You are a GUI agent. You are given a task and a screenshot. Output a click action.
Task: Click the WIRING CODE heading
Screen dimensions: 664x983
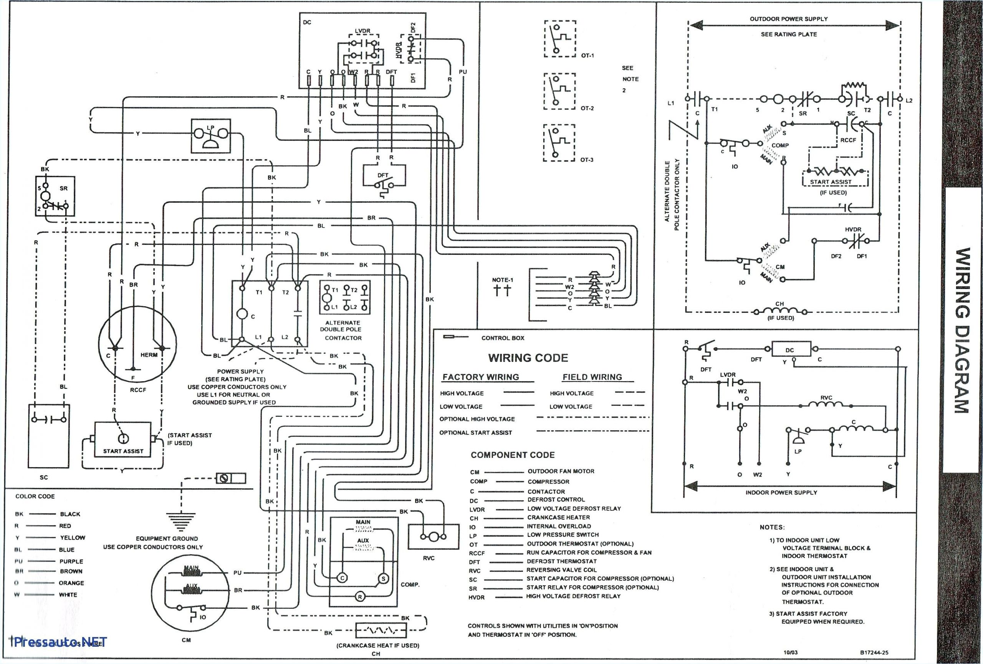pos(528,358)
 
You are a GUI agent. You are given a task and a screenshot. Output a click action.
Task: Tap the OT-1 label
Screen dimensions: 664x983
pos(587,55)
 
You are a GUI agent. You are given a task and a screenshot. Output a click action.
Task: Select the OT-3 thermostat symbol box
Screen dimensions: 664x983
pos(559,142)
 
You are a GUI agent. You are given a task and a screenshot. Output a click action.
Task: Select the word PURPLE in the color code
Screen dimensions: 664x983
pos(71,561)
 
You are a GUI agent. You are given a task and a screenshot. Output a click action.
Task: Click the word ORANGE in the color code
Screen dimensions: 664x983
pos(71,583)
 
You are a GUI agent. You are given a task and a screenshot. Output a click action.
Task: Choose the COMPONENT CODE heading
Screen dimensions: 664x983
pos(512,455)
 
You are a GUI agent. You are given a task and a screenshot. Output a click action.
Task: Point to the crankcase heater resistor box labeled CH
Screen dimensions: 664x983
pos(381,631)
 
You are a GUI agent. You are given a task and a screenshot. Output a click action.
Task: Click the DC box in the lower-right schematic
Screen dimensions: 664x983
pos(789,350)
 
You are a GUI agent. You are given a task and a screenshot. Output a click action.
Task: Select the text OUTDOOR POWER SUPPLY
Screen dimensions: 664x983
pos(788,19)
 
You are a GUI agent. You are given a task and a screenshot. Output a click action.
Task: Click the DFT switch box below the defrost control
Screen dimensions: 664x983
pos(384,180)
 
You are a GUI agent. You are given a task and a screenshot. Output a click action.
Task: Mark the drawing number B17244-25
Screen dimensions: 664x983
pos(874,652)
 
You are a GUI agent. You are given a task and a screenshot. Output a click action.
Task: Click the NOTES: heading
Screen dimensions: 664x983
pos(772,527)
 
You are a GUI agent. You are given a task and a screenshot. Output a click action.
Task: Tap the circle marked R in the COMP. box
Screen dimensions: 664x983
pos(359,597)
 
